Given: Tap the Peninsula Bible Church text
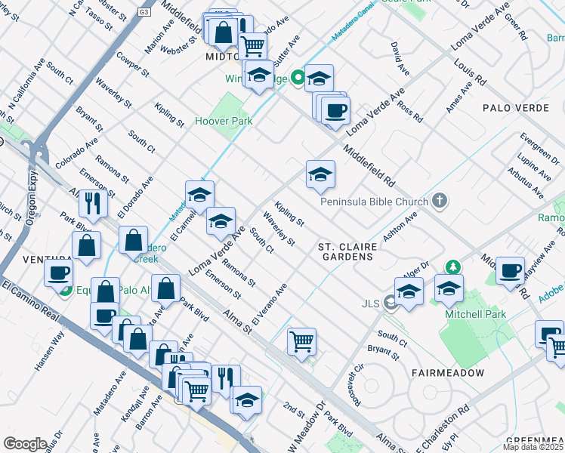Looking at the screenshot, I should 373,202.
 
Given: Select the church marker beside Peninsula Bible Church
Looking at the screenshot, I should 440,202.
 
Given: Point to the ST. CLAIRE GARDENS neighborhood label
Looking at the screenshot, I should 345,251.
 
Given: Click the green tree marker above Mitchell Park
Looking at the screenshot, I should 452,267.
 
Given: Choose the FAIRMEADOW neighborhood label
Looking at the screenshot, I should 442,373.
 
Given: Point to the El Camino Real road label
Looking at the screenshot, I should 30,300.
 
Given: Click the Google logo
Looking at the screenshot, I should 25,443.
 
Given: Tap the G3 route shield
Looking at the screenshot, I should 145,13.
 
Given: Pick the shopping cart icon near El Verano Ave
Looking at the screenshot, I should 301,341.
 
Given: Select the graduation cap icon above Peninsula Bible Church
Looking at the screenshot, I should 320,175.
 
